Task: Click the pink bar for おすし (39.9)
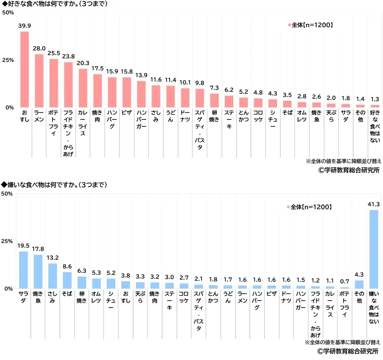tap(25, 69)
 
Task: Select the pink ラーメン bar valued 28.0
tap(39, 81)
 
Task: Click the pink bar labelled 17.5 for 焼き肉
tap(98, 91)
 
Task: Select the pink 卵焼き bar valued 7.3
tap(214, 100)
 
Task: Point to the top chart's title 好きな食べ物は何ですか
tap(54, 4)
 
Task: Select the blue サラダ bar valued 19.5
tap(23, 270)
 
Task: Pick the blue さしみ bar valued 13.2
tap(52, 276)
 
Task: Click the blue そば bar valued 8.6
tap(67, 280)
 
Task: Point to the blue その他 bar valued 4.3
tap(359, 284)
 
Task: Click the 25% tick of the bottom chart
tap(8, 241)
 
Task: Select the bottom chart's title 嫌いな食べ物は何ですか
tap(54, 185)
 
